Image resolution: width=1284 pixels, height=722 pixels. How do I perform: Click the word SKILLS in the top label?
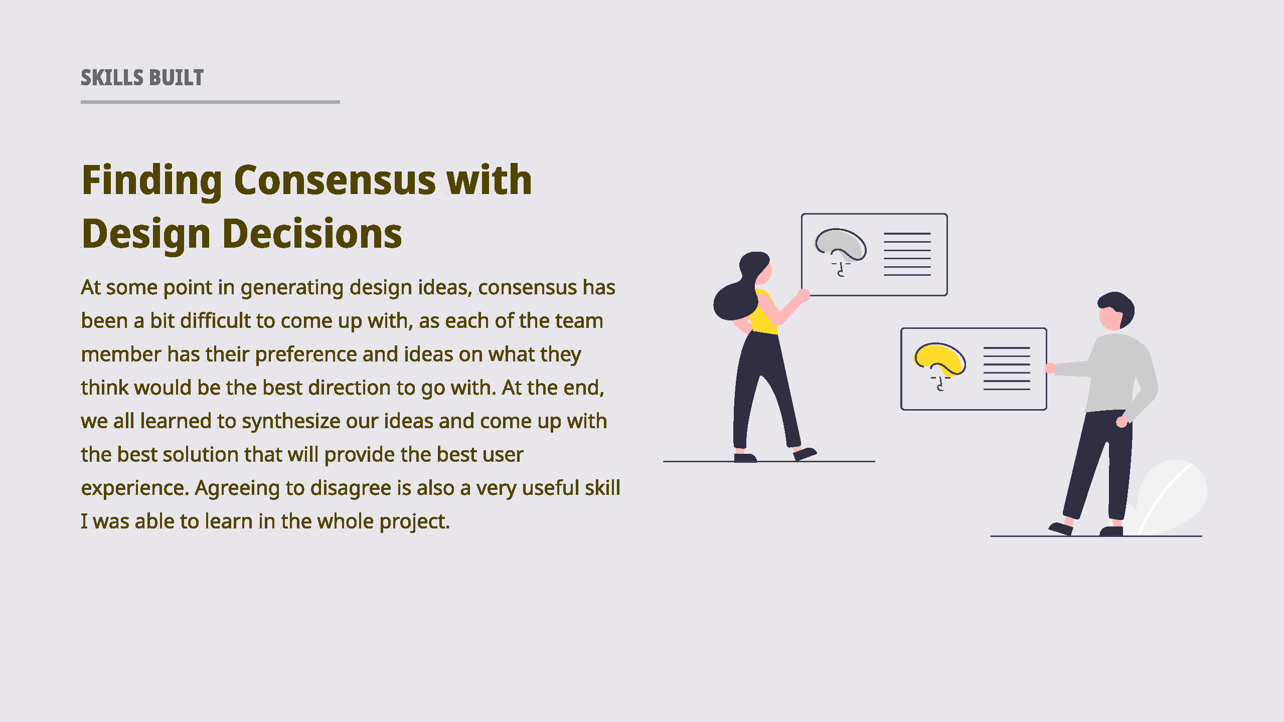coord(112,78)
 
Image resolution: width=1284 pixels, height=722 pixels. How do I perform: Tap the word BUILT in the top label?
coord(177,78)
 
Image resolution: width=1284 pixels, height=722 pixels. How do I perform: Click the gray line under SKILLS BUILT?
coord(210,102)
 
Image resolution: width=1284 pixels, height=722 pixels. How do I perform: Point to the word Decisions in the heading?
coord(312,234)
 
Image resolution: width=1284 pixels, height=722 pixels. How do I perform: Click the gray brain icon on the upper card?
coord(841,248)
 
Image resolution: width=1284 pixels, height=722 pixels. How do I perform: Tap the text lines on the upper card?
coord(907,254)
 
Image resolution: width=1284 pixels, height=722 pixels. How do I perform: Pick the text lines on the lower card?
coord(1007,369)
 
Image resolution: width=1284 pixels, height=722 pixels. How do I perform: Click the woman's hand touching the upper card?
coord(804,295)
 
